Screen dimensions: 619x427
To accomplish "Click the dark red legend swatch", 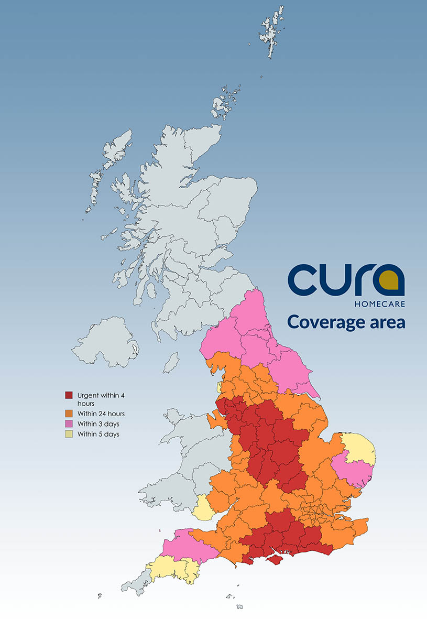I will (68, 395).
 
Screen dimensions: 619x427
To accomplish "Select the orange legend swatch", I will (68, 414).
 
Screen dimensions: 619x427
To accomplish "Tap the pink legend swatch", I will (68, 423).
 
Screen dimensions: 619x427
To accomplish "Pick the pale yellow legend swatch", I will (68, 433).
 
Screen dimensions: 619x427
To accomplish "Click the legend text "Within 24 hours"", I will (101, 414).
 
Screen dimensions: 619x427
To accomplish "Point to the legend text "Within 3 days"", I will (98, 423).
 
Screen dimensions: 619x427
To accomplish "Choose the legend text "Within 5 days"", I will (98, 434).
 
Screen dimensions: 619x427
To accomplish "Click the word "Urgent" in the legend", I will (89, 395).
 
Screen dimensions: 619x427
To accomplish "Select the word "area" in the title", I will (386, 321).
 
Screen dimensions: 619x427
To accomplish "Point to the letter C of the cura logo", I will (303, 280).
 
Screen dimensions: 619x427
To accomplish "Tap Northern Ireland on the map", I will (105, 344).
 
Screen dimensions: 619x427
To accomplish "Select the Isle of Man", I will (171, 363).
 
